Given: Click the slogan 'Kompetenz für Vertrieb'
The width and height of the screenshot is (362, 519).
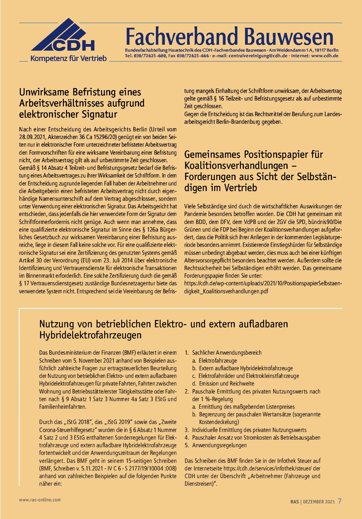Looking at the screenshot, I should tap(68, 59).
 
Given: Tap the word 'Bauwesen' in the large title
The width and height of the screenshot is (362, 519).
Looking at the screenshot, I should tap(288, 37).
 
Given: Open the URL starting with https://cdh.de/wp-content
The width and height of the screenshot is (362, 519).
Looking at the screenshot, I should tap(263, 284).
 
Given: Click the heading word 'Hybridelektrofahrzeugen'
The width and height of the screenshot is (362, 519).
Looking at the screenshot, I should tap(91, 335).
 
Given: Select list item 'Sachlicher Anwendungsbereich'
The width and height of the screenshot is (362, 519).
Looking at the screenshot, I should tap(227, 353).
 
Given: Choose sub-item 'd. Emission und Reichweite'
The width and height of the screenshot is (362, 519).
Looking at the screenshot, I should tap(226, 383).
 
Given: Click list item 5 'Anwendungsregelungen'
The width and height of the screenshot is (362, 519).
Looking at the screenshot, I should tap(219, 445).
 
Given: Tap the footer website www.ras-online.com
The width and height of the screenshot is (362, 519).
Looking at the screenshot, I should tap(40, 500).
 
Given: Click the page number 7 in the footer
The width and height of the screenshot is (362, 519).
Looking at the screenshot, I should tap(340, 501).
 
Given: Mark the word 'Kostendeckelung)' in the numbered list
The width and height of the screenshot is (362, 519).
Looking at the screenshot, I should tap(219, 422).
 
